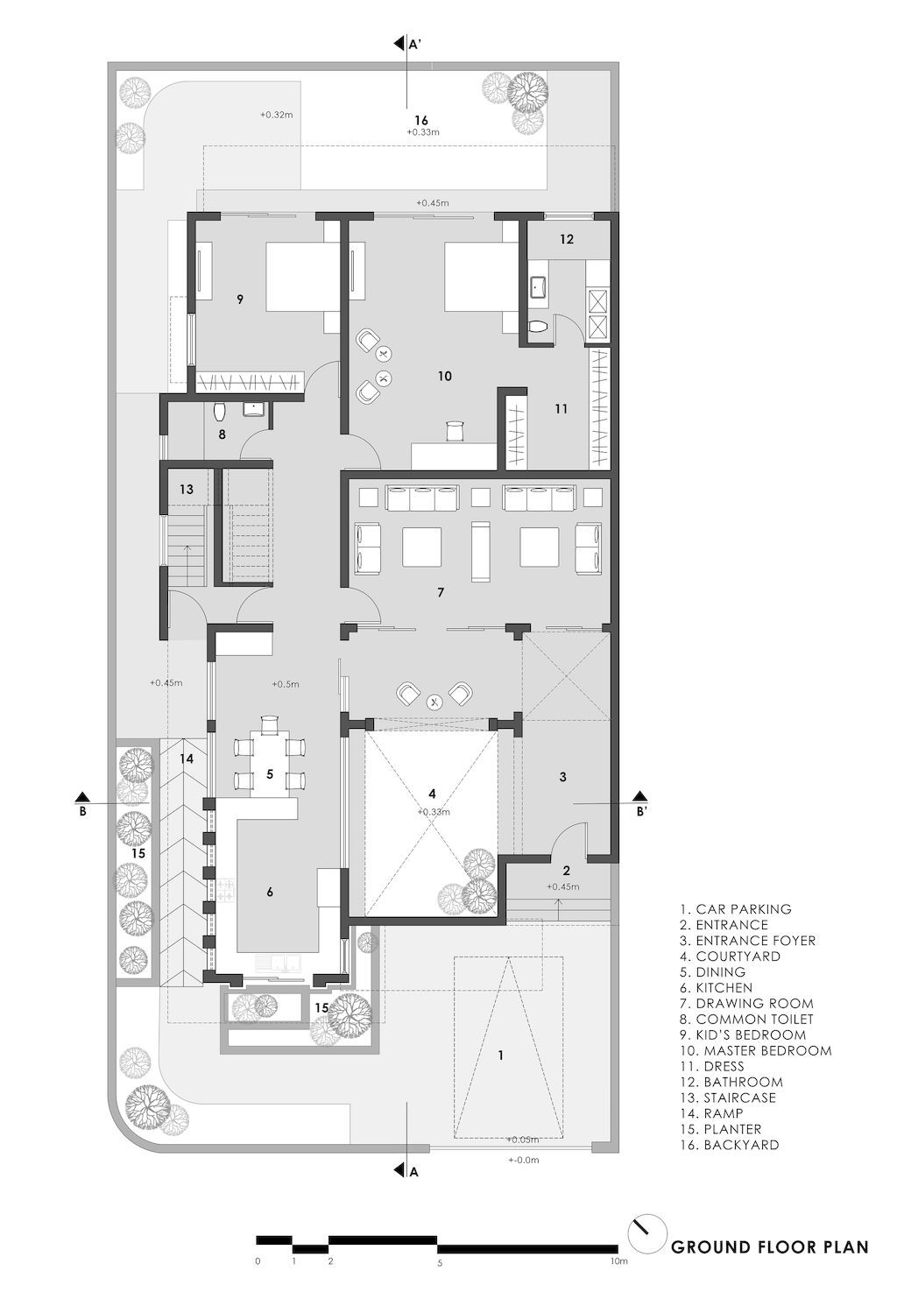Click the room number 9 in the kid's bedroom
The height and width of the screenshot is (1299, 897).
(239, 300)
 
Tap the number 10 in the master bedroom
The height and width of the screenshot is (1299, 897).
(444, 376)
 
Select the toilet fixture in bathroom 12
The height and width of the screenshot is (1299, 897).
(540, 327)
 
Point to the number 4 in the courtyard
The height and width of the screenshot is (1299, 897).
(432, 794)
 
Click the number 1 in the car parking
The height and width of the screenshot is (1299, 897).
(500, 1055)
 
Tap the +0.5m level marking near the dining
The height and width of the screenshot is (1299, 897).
(286, 684)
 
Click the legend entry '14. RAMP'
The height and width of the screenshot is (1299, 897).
(720, 1113)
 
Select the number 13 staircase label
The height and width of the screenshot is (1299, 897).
(187, 490)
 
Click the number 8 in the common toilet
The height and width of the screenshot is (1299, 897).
(222, 434)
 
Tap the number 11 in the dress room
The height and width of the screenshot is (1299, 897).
(562, 408)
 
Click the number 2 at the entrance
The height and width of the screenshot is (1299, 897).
(566, 870)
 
